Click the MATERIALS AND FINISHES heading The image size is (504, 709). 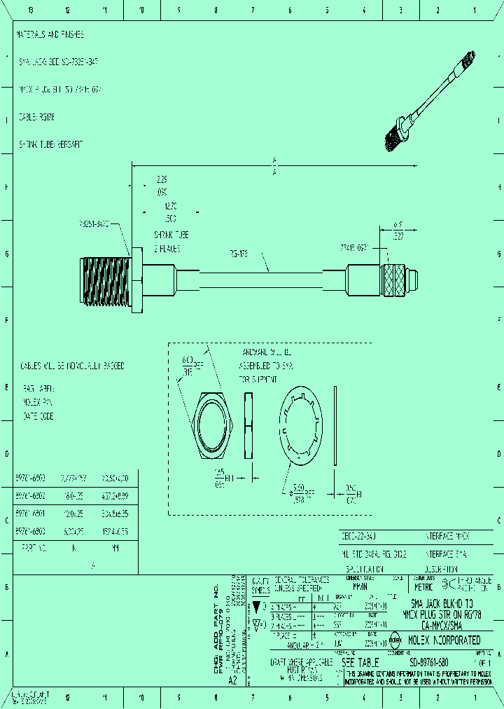[50, 34]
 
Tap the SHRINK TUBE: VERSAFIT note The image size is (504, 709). [50, 144]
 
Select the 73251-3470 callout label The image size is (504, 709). [94, 224]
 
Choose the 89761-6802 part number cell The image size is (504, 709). [30, 495]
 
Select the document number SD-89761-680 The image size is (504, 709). [428, 662]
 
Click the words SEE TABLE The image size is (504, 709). [360, 662]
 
